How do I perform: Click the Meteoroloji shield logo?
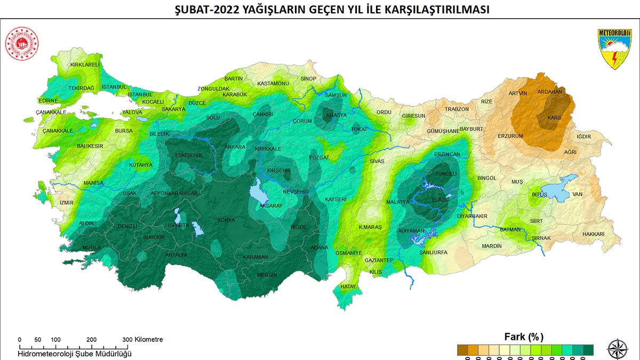[x=614, y=49]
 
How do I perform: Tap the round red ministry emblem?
[x=20, y=43]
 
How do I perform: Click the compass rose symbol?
[x=617, y=349]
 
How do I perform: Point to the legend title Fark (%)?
[x=524, y=337]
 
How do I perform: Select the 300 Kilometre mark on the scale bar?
[x=127, y=340]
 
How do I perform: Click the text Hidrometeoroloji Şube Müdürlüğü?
[x=75, y=353]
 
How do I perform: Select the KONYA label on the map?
[x=226, y=220]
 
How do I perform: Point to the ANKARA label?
[x=235, y=147]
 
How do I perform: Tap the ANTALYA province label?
[x=177, y=255]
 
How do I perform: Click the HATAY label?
[x=348, y=287]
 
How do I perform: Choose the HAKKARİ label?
[x=593, y=234]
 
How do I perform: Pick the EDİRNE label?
[x=48, y=100]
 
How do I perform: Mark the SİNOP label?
[x=308, y=79]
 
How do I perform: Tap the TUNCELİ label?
[x=446, y=174]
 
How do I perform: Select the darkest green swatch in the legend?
[x=588, y=349]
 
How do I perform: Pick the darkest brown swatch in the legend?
[x=462, y=349]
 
